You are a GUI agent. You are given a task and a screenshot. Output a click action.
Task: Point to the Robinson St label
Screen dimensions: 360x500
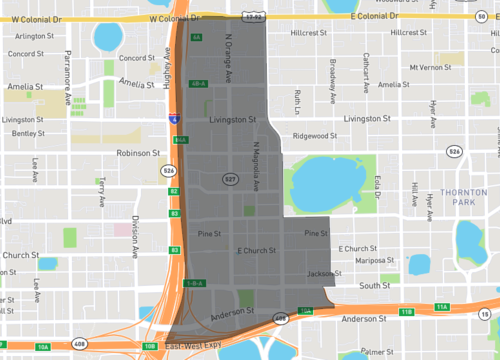(138, 154)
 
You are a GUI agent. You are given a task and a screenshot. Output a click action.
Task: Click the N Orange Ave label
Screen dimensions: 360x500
(228, 62)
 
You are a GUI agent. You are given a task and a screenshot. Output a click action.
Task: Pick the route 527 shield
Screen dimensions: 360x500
(229, 180)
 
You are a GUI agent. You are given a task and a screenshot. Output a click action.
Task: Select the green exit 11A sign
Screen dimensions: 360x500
(442, 307)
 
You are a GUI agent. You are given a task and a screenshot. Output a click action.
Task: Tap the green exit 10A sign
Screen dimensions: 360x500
(42, 346)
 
